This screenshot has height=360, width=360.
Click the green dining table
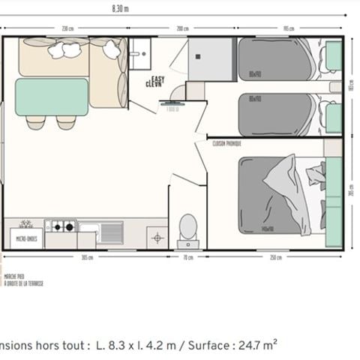coord(52,97)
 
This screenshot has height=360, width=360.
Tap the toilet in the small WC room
coord(188,226)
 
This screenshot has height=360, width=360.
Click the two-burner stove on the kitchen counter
coord(60,225)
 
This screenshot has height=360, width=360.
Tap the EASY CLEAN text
coord(157,82)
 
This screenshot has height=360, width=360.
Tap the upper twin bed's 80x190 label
coord(254,74)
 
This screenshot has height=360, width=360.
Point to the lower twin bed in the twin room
coord(275,115)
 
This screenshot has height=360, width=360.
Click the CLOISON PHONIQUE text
coord(226,142)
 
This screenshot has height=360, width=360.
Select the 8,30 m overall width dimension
coord(120,9)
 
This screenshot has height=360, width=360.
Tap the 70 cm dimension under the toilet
coord(187,257)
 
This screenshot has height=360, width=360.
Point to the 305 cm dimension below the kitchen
coord(86,257)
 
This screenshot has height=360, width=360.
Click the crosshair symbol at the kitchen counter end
coord(157,238)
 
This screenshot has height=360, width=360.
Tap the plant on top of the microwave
coord(26,224)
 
